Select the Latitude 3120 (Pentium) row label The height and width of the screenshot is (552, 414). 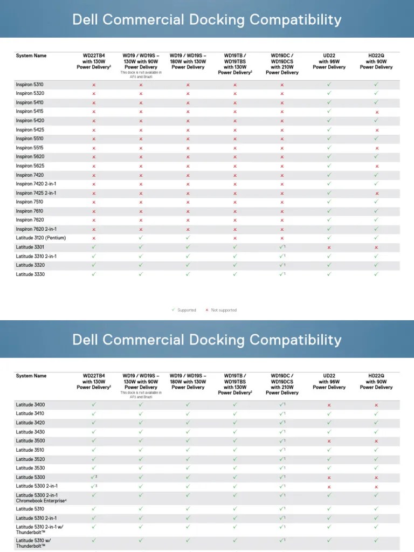tap(40, 238)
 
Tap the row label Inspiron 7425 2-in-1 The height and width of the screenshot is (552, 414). tap(36, 193)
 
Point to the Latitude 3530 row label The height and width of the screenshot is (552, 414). tap(30, 468)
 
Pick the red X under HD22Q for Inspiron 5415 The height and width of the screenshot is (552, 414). tap(377, 112)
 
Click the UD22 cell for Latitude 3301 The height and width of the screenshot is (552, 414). tap(329, 247)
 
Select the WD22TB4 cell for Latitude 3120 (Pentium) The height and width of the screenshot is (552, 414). tap(94, 238)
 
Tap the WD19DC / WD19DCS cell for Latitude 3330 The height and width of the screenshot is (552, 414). tap(282, 274)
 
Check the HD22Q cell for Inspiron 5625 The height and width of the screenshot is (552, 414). tap(377, 166)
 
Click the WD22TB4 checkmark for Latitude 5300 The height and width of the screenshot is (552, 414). tap(94, 477)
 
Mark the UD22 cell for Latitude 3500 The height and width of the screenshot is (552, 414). tap(329, 441)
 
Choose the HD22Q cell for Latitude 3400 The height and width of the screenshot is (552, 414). tap(376, 405)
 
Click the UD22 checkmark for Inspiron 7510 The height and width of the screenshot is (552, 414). tap(329, 202)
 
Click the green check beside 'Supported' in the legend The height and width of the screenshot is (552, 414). tap(173, 310)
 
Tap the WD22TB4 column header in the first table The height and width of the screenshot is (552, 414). tap(94, 61)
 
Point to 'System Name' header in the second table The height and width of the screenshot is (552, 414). tap(31, 376)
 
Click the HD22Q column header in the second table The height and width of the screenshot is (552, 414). tap(376, 382)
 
